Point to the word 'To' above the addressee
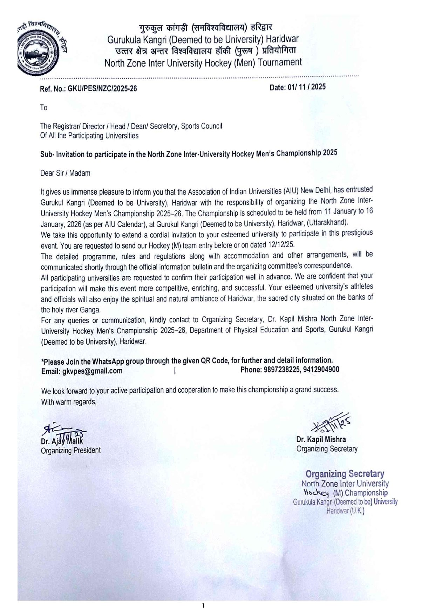[43, 108]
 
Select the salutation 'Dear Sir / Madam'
[66, 173]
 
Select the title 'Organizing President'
[71, 450]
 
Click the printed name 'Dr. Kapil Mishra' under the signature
[321, 439]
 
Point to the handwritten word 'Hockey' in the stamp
[315, 493]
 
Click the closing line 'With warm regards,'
[69, 402]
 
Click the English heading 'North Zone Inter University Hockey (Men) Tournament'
[203, 63]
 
